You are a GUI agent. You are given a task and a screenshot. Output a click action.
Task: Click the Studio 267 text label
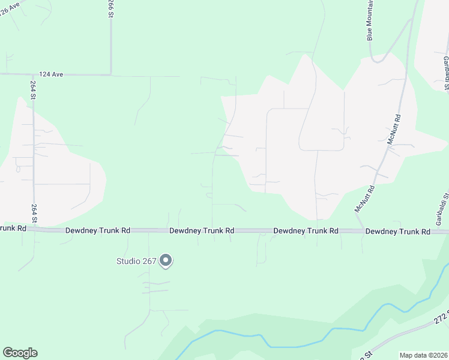(x=136, y=261)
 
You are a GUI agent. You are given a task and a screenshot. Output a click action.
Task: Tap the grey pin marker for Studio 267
(x=166, y=261)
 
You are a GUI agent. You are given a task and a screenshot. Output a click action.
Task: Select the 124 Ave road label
(x=51, y=74)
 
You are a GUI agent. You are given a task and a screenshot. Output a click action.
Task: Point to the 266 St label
(x=111, y=8)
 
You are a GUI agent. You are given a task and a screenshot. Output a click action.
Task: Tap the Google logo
(x=20, y=353)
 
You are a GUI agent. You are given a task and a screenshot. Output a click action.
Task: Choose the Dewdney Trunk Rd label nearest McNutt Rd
(x=398, y=231)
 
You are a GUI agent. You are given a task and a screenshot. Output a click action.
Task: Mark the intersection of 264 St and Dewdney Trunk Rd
(x=34, y=230)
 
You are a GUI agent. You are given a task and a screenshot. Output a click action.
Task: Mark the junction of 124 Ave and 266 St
(x=111, y=75)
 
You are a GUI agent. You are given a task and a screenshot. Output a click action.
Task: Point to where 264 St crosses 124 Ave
(x=32, y=74)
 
